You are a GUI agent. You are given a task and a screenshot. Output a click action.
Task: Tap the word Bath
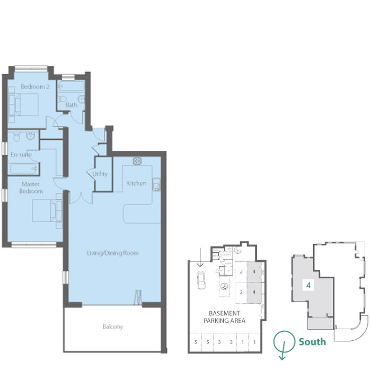71,105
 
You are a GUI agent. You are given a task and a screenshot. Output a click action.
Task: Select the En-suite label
21,155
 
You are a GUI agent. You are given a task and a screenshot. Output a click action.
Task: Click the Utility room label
100,173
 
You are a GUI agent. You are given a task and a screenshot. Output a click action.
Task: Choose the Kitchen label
136,183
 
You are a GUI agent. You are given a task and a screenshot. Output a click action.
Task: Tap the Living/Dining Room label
113,253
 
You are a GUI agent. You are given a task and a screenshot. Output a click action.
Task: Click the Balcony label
113,326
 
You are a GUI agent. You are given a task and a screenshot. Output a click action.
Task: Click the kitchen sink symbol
157,184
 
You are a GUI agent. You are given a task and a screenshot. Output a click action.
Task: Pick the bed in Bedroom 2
24,104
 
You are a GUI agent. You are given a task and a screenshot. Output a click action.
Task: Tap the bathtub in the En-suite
24,169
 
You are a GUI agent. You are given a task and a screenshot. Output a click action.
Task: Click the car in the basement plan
201,279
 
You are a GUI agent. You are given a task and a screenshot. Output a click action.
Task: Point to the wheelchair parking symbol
224,287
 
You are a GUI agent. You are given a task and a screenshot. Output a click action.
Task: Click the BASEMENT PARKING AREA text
224,317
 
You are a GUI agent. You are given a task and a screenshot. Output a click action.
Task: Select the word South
312,342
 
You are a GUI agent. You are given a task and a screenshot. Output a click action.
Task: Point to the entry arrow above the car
200,258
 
